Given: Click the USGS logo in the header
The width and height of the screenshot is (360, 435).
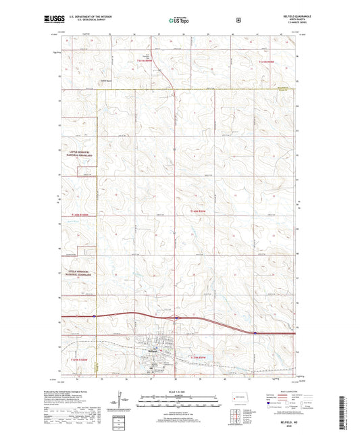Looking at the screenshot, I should (50, 20).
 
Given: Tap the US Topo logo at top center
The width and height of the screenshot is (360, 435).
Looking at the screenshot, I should (179, 20).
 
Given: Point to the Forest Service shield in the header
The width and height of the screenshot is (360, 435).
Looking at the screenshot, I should (237, 20).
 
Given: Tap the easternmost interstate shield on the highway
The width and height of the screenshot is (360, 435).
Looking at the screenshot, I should (254, 332).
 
